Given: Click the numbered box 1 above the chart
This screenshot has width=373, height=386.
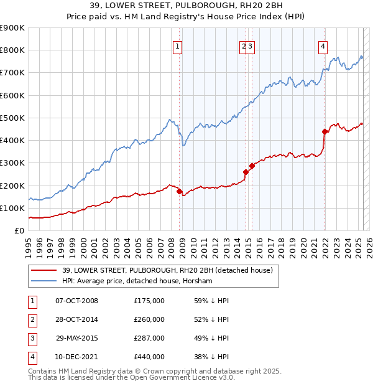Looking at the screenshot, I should [x=178, y=45].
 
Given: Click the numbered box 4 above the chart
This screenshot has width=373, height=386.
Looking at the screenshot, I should [x=323, y=45].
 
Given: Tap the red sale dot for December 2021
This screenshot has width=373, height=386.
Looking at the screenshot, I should [x=325, y=131].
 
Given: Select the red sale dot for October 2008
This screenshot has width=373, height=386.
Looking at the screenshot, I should [x=179, y=192].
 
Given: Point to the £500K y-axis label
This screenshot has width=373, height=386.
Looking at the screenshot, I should [x=12, y=118].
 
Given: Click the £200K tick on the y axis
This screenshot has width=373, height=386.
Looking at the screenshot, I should [x=12, y=186].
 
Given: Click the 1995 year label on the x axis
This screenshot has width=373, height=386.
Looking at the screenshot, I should [x=29, y=243].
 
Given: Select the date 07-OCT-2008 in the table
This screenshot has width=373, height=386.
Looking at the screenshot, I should [x=77, y=301].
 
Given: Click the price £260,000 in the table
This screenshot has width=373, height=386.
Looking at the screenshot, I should [x=149, y=319].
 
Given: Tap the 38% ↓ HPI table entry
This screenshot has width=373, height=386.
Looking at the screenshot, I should [x=211, y=357].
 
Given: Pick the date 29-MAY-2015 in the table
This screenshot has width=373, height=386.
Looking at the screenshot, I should [x=77, y=338].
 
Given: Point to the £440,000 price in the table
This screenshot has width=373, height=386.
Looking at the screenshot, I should [x=149, y=357].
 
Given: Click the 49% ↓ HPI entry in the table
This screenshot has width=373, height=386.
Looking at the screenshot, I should [x=211, y=338].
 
